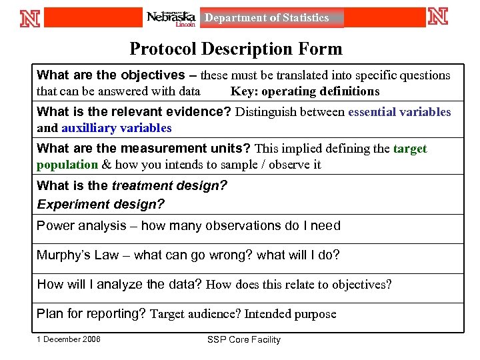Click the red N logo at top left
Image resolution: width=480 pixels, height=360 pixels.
click(x=30, y=17)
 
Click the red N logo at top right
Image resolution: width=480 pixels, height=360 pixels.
click(x=438, y=17)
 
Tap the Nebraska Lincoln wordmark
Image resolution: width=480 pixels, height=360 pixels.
click(x=171, y=18)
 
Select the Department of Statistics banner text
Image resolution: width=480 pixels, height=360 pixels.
click(x=267, y=18)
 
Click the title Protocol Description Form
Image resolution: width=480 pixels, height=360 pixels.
click(x=236, y=49)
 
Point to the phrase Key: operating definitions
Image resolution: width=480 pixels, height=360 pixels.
click(x=305, y=91)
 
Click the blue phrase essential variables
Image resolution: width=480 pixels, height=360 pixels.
click(x=399, y=112)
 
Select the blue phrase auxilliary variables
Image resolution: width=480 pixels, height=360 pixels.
click(x=117, y=128)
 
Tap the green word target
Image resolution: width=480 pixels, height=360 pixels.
click(x=410, y=149)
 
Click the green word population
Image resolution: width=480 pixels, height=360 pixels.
click(x=67, y=164)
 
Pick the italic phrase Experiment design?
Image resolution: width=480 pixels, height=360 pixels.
click(x=100, y=204)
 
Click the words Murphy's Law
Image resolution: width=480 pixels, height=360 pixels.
click(x=77, y=255)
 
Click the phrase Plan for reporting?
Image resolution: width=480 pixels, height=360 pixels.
click(x=91, y=313)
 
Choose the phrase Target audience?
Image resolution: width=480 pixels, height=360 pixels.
click(x=195, y=313)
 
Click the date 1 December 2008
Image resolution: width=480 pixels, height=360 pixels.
click(x=69, y=339)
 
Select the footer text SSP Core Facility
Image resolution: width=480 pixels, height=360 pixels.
click(x=244, y=339)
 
